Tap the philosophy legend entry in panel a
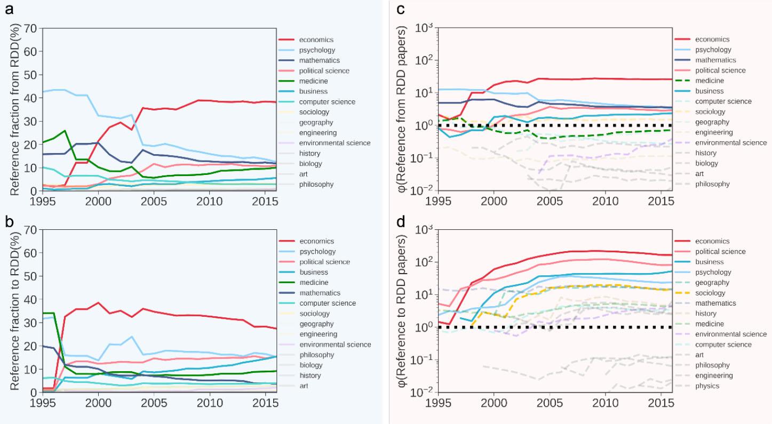(x=316, y=185)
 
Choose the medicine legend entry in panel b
(x=313, y=283)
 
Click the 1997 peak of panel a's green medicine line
(x=65, y=130)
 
